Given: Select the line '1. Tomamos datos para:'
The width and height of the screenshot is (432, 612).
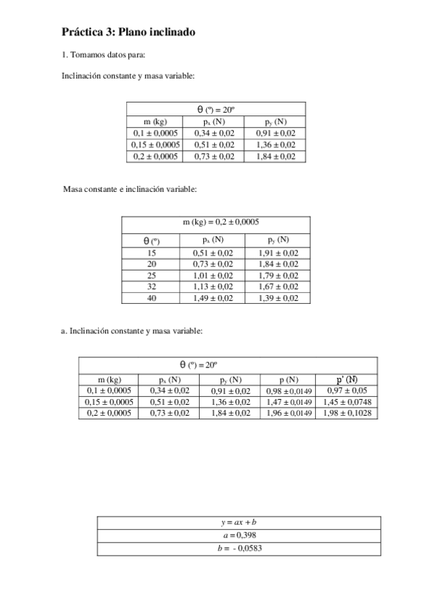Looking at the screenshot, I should click(104, 55).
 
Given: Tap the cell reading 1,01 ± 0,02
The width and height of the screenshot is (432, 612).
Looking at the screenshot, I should click(213, 275).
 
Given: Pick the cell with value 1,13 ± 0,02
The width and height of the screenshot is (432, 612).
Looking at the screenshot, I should click(213, 287).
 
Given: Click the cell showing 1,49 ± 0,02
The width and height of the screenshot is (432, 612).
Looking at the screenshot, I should click(213, 298).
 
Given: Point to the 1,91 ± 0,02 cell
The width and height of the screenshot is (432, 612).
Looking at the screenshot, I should click(278, 253).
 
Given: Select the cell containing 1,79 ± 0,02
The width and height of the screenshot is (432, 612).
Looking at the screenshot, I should click(278, 275).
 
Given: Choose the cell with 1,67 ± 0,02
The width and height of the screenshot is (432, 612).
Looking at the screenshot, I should click(278, 287).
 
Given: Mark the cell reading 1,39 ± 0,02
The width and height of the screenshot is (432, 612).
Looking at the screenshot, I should click(278, 298).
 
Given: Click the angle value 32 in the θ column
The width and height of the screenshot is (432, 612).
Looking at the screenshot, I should click(151, 287).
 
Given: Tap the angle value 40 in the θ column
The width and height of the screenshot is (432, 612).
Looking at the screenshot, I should click(151, 298).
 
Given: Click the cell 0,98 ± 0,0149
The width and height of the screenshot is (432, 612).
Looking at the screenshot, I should click(288, 390).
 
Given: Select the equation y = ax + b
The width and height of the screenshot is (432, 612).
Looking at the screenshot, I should click(239, 523).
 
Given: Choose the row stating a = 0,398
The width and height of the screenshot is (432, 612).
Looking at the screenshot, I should click(239, 535).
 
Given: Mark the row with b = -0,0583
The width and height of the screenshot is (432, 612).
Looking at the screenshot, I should click(239, 548).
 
